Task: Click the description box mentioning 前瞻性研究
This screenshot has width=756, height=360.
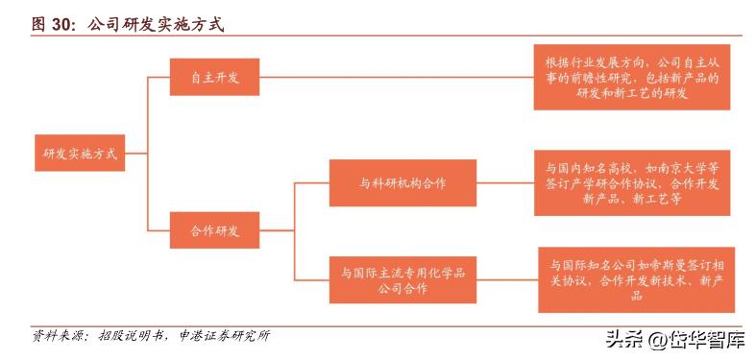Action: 631,77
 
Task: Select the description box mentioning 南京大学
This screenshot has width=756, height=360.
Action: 631,182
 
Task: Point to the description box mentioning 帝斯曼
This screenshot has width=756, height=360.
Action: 637,279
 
